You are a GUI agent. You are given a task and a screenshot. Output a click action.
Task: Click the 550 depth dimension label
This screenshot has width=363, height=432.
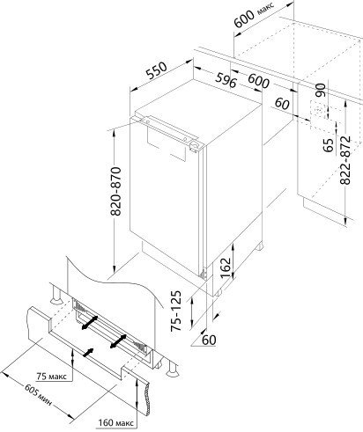point(157,71)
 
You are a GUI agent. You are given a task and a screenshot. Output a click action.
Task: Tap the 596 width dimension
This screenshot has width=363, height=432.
point(226,80)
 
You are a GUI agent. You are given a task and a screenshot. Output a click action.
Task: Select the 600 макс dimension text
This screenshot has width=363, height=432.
point(254,15)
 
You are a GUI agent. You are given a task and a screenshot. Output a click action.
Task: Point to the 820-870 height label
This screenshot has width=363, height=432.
point(116,191)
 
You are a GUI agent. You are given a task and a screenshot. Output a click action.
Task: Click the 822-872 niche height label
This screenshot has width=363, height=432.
point(345,160)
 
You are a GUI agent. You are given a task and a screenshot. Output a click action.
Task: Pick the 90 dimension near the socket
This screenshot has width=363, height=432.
point(320,91)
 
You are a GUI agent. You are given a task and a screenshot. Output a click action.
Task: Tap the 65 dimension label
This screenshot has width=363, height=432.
point(329,145)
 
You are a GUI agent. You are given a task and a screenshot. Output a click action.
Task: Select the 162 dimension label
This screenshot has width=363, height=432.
point(226,267)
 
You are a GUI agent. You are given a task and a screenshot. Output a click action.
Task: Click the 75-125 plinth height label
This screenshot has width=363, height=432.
point(176,311)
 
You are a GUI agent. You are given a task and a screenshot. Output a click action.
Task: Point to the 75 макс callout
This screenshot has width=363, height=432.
point(52,377)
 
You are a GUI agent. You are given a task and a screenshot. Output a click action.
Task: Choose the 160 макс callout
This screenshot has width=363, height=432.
point(116,423)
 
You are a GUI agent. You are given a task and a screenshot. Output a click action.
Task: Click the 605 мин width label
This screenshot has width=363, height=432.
point(38,395)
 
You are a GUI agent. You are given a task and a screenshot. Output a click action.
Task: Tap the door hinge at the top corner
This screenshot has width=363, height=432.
point(194,146)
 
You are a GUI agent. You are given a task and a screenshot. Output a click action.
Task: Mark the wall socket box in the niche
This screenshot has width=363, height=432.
point(318,111)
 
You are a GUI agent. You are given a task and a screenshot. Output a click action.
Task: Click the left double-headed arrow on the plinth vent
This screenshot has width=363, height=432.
point(90,322)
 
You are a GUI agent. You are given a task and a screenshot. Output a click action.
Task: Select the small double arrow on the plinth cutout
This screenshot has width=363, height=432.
point(88,353)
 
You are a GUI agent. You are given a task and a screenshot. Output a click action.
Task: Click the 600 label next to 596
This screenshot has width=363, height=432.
point(258,81)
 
